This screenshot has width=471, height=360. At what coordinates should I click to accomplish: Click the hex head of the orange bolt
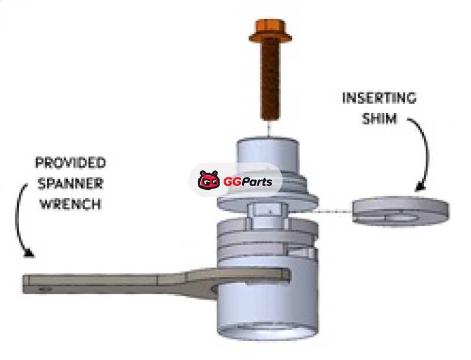[270, 31]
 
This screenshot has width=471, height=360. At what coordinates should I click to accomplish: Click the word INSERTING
[379, 98]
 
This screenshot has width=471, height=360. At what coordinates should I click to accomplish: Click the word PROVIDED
[71, 162]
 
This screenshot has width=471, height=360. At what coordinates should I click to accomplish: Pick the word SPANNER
[71, 183]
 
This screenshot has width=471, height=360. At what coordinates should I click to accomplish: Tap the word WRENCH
[71, 204]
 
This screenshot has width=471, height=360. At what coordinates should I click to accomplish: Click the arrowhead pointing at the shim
[419, 187]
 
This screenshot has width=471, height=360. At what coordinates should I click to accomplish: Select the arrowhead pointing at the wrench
[29, 253]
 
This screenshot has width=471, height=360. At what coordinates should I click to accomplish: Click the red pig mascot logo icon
[209, 180]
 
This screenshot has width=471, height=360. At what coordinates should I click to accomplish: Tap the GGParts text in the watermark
[247, 181]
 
